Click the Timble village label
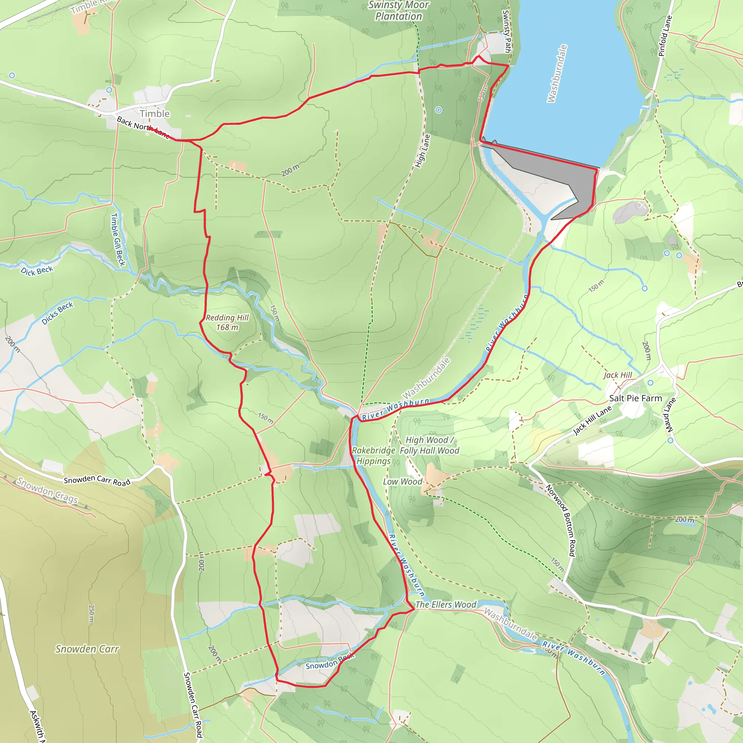point(155,114)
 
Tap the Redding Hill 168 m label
point(227,322)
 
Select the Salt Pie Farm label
point(635,398)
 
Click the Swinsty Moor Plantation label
point(398,11)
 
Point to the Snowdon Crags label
point(47,490)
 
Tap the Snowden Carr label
point(87,649)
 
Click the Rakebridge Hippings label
point(373,456)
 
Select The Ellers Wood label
point(446,604)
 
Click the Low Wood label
point(402,482)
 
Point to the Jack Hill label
point(617,375)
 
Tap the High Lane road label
point(423,151)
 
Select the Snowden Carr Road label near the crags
point(97,481)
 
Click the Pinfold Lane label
point(665,36)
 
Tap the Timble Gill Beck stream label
point(118,239)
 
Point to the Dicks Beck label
point(57,313)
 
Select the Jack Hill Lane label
point(592,421)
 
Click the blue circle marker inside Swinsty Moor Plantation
point(438,110)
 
